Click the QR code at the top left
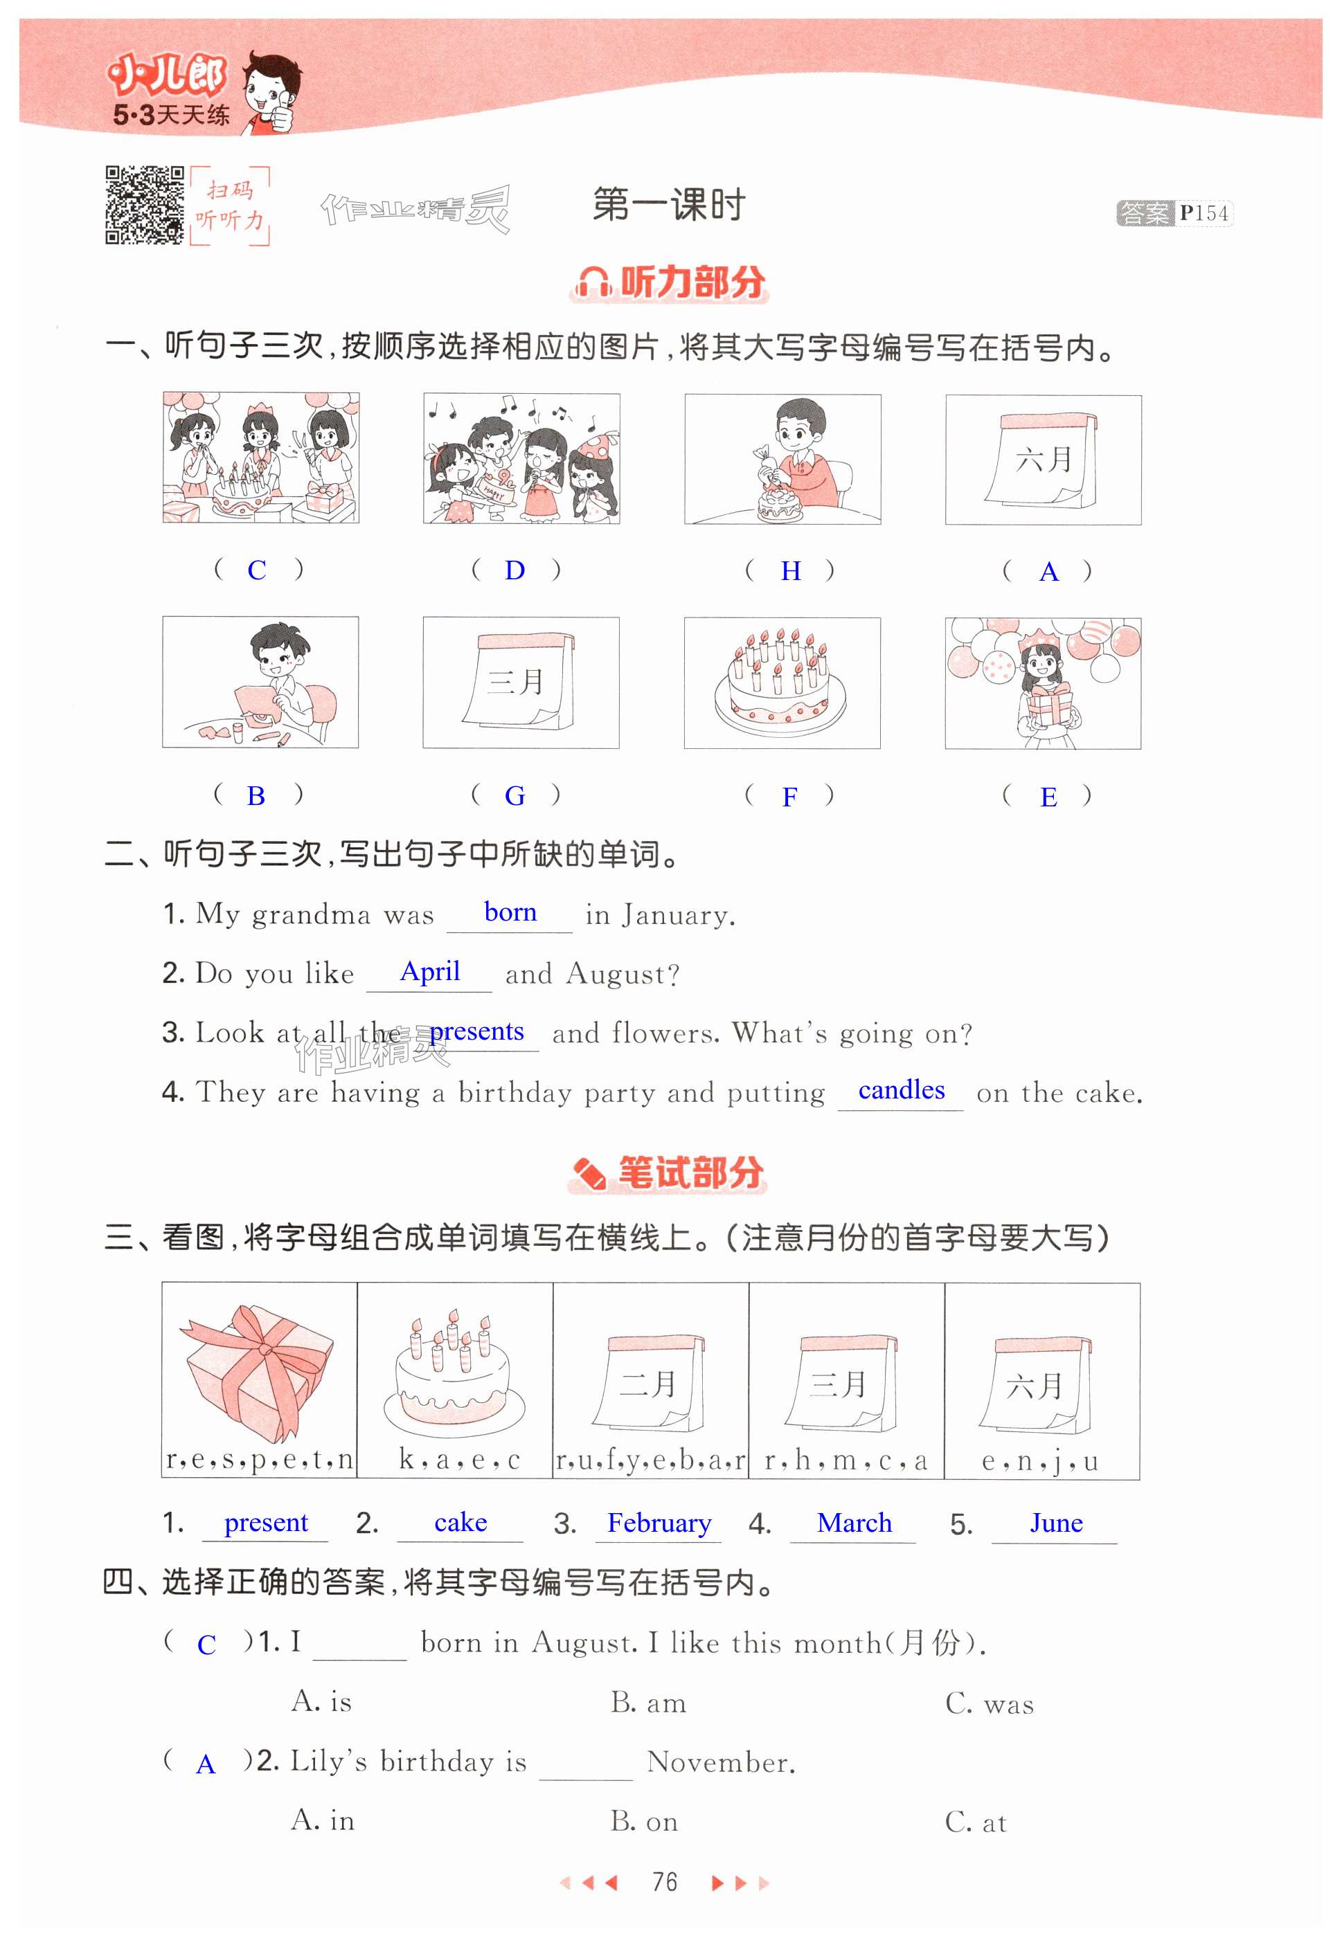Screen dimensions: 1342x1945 144,205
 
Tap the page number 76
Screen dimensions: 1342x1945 664,1882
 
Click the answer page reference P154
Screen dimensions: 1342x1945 1204,213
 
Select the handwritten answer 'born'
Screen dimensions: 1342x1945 510,912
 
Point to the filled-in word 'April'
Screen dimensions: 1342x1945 429,972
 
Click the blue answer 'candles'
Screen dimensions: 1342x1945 902,1090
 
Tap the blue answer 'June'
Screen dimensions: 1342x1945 1056,1523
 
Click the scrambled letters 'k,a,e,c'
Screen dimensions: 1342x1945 459,1460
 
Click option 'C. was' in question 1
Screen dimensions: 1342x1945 989,1703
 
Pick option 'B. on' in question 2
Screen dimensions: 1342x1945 644,1820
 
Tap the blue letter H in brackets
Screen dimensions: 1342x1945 790,571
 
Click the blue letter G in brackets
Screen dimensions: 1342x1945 515,795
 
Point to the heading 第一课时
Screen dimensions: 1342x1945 670,205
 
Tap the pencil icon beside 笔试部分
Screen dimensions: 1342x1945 589,1173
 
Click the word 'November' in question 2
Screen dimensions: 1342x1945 722,1762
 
